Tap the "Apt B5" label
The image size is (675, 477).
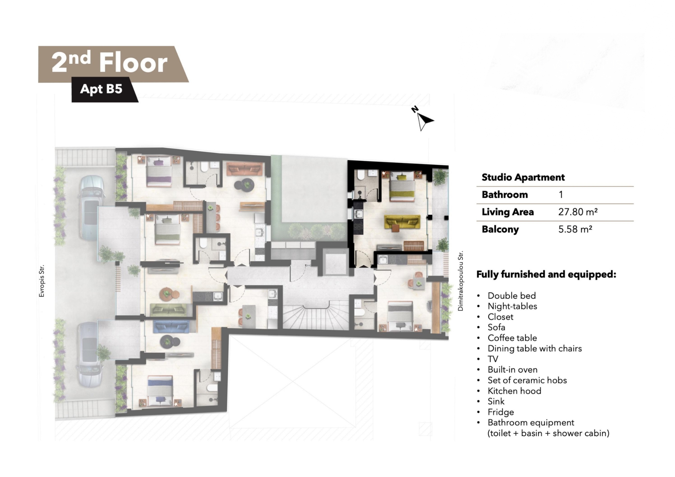point(101,89)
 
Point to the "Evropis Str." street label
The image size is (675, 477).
point(42,281)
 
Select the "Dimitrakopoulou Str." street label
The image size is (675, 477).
point(460,281)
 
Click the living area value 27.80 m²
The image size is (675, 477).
point(578,212)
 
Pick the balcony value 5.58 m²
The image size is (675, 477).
point(575,229)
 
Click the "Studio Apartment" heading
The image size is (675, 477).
point(523,177)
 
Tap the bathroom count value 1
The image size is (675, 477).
point(561,194)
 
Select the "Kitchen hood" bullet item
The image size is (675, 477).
point(514,391)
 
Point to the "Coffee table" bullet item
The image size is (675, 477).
point(512,338)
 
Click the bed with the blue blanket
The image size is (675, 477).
point(160,391)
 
